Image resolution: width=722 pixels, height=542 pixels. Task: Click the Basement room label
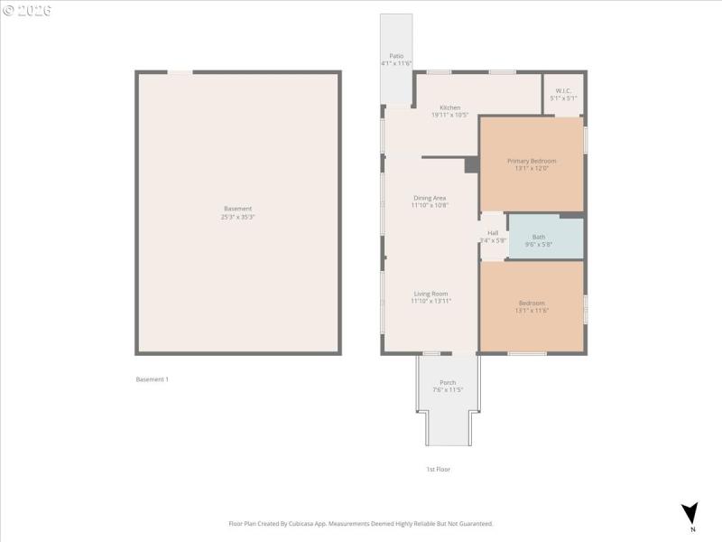tap(237, 209)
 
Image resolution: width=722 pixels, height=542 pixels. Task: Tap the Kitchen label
tap(449, 107)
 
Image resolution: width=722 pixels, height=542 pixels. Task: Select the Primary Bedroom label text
tap(532, 161)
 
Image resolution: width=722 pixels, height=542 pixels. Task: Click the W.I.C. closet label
tap(564, 90)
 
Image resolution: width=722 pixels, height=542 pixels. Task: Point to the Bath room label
tap(538, 237)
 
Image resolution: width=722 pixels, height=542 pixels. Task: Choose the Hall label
tap(493, 233)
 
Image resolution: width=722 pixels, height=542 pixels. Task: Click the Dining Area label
tap(430, 198)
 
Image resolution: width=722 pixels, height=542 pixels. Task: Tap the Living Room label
tap(430, 294)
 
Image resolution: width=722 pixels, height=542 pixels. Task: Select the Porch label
tap(448, 382)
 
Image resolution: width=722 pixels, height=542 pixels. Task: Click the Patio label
tap(395, 56)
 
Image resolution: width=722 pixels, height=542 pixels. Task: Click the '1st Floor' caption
tap(438, 470)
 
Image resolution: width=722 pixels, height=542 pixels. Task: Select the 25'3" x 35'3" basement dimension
tap(237, 217)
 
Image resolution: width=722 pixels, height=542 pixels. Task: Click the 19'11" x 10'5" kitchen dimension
tap(449, 115)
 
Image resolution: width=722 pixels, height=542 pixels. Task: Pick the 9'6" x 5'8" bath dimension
tap(538, 244)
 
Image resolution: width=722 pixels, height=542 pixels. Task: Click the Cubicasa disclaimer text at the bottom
tap(360, 523)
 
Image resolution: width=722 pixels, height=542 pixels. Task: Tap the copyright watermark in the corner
tap(26, 10)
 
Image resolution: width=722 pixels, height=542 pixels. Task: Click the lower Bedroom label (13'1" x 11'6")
tap(532, 303)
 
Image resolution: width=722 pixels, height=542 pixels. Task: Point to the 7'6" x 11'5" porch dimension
tap(448, 389)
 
